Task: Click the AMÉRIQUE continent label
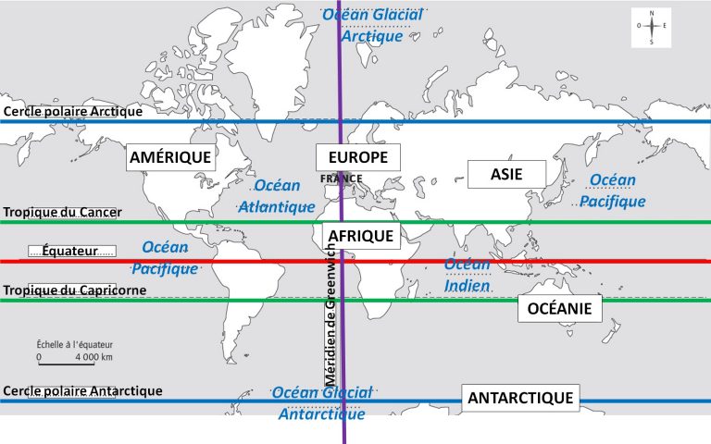(x=170, y=157)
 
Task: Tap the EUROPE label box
(x=357, y=157)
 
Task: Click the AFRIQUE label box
(x=360, y=236)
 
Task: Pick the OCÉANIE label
(x=558, y=308)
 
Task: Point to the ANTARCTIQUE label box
(x=521, y=399)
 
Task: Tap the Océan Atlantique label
(x=277, y=196)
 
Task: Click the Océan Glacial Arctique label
(x=371, y=25)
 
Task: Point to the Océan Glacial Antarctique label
(x=321, y=402)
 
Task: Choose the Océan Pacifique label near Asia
(x=612, y=190)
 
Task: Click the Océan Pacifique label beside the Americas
(x=165, y=258)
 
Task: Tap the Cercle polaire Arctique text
(x=73, y=111)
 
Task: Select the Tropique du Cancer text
(x=62, y=212)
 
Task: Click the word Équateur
(x=71, y=251)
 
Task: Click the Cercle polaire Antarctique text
(x=82, y=391)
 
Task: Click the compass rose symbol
(x=653, y=27)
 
